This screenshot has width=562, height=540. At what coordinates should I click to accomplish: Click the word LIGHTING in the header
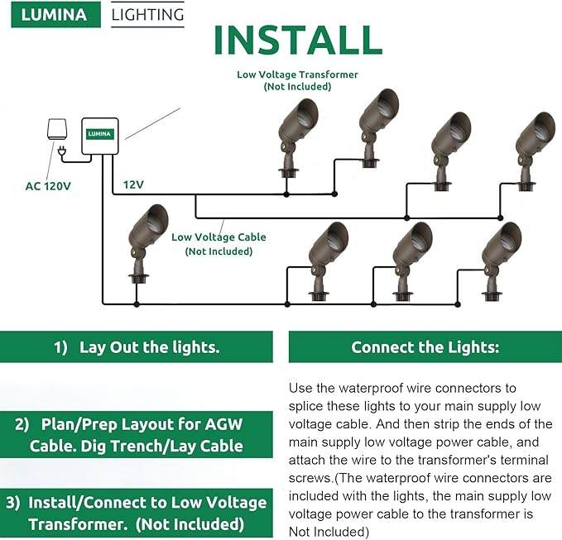pyautogui.click(x=147, y=15)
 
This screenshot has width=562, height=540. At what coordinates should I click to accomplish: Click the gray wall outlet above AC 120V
pyautogui.click(x=57, y=130)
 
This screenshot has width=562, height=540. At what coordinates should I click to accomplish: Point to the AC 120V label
pyautogui.click(x=48, y=185)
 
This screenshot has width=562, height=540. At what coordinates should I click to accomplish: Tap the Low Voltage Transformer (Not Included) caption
pyautogui.click(x=297, y=80)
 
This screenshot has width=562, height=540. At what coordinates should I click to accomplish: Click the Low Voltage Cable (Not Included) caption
pyautogui.click(x=219, y=244)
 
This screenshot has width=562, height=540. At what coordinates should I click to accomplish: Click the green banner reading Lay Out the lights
pyautogui.click(x=137, y=347)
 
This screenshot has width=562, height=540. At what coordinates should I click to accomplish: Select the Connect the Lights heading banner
pyautogui.click(x=425, y=347)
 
